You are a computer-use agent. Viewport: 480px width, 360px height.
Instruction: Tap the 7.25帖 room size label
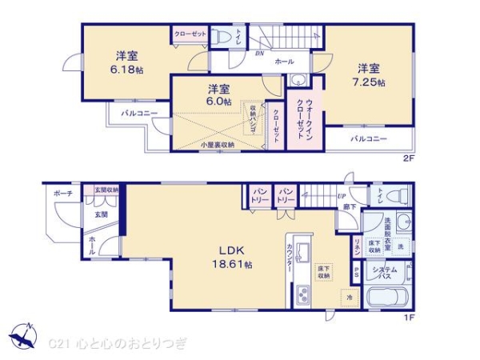pos(370,82)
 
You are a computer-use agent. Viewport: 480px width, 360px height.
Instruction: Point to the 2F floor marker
pos(409,158)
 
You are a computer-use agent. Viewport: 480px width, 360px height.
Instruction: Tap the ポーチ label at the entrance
pos(63,194)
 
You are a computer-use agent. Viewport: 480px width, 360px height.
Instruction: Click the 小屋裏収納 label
pos(217,145)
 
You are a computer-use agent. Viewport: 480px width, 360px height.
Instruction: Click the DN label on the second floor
pos(258,53)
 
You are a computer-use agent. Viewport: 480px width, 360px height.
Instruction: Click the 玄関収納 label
pos(106,190)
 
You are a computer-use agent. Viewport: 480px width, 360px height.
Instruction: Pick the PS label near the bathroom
pos(356,272)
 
